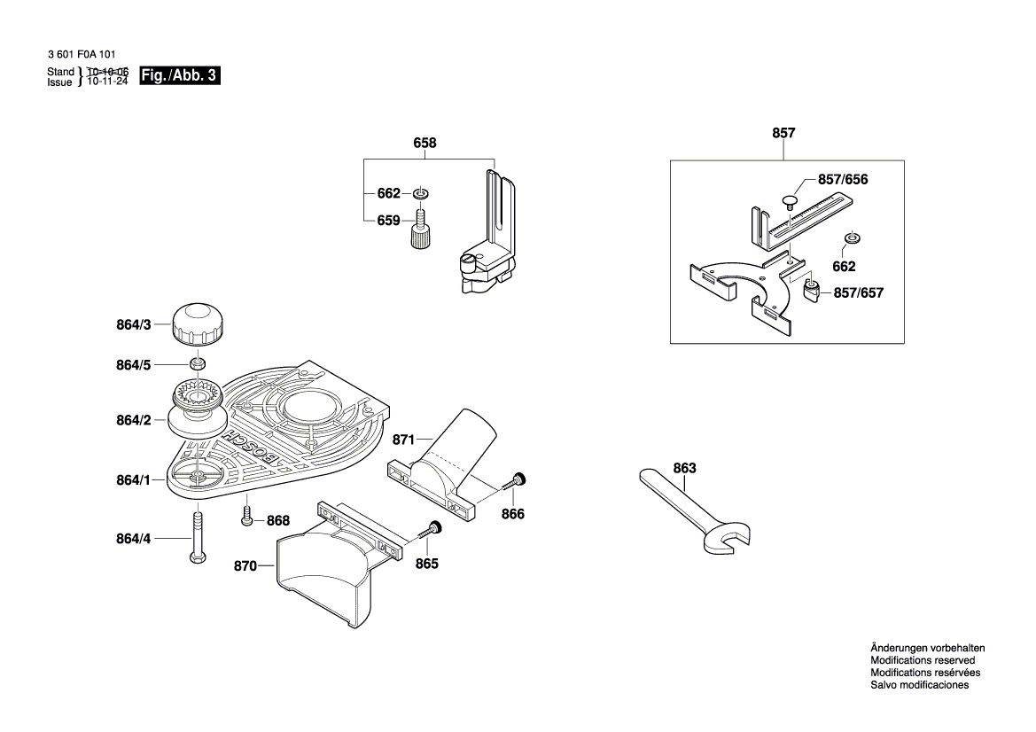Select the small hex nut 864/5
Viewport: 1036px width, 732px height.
[199, 363]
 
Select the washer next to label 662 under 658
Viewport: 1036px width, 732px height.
[420, 193]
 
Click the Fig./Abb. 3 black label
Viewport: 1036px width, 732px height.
[179, 76]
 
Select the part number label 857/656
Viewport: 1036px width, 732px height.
[842, 180]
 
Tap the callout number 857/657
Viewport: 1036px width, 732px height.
[858, 292]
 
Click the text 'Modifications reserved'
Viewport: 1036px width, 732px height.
[923, 660]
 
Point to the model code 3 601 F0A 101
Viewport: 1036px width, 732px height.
[81, 54]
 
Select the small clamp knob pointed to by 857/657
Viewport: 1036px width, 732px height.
[811, 289]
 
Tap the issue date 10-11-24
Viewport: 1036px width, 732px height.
[107, 82]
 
